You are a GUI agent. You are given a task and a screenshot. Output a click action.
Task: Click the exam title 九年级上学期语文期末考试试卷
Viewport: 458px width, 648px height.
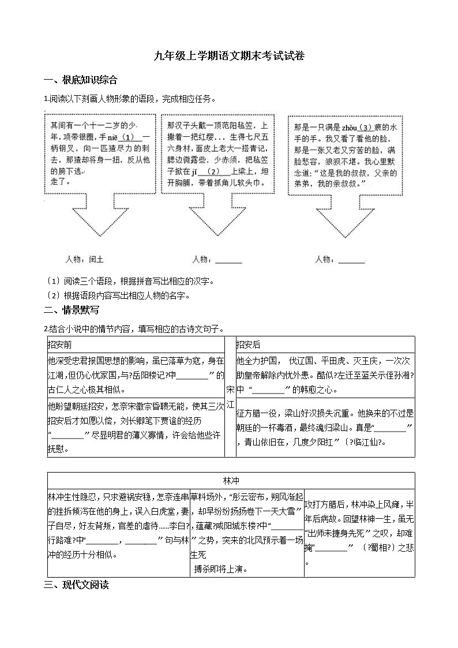tap(229, 56)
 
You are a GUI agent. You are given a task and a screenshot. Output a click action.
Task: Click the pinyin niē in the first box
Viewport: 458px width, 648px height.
tap(111, 137)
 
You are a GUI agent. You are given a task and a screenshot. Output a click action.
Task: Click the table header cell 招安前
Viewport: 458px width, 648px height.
tap(61, 344)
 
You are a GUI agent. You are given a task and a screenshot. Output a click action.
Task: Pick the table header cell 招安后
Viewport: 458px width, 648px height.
tap(249, 344)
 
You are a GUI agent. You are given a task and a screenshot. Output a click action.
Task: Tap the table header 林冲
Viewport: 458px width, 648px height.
tap(231, 480)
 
